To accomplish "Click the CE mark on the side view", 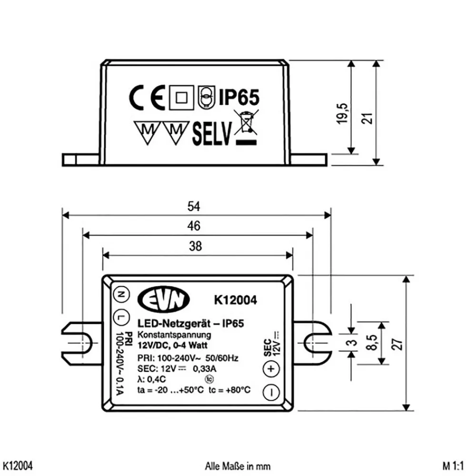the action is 147,98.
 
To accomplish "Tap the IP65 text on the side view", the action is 239,97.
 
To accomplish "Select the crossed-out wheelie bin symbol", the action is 246,127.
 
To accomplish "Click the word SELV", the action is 212,134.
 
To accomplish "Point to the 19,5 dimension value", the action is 342,113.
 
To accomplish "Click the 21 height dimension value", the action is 367,118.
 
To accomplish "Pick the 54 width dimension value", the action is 194,206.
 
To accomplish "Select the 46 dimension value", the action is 194,226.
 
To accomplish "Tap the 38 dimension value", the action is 195,246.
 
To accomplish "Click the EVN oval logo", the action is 164,299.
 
